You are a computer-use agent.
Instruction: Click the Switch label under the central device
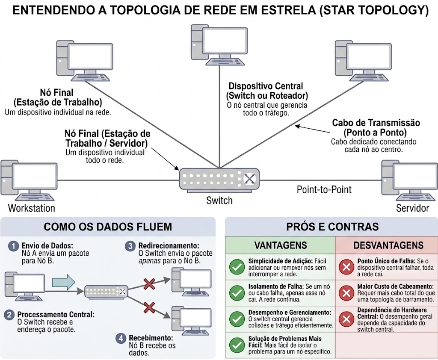[219, 201]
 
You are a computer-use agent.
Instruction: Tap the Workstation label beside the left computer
[32, 209]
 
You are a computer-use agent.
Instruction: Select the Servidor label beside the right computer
[412, 209]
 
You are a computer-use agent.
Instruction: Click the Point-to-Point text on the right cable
[324, 189]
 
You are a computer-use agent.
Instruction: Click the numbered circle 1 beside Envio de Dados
[14, 246]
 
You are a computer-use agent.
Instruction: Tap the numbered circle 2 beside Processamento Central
[9, 315]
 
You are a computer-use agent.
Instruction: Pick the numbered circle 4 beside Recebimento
[121, 338]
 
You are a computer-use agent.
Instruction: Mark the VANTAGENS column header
[280, 245]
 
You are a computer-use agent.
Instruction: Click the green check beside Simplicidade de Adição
[236, 268]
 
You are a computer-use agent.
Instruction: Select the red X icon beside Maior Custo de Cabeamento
[345, 293]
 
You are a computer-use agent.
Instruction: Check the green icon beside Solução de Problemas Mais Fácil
[236, 345]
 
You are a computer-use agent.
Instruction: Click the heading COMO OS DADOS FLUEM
[108, 227]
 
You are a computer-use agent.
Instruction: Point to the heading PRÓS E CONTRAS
[332, 227]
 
